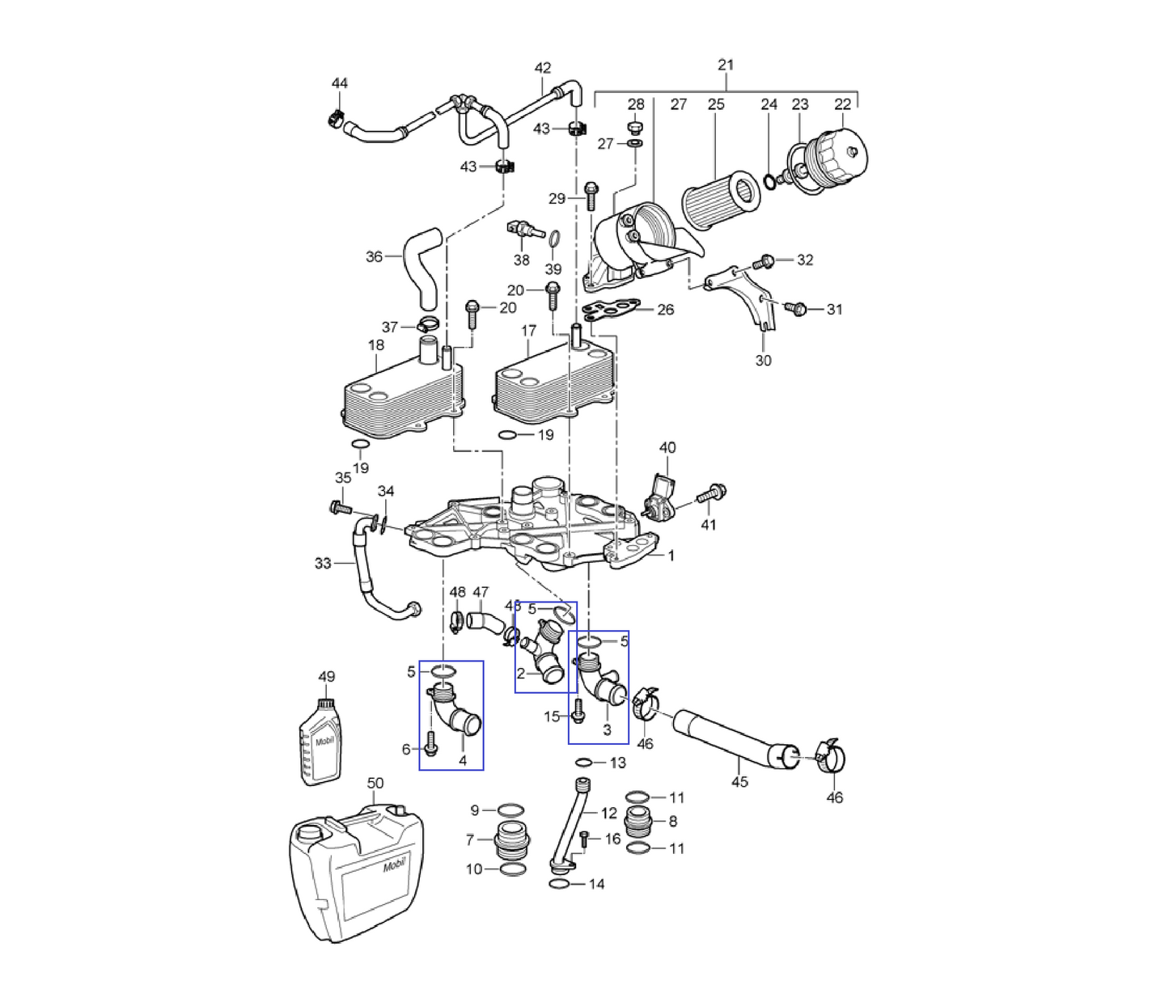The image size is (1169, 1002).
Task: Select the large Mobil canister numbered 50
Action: (357, 873)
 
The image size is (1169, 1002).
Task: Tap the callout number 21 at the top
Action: (726, 65)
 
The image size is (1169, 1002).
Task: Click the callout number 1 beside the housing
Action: (671, 556)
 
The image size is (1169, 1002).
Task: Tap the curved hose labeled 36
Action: (424, 267)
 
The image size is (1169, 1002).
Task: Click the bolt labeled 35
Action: (340, 508)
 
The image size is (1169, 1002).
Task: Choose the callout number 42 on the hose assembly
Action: (543, 68)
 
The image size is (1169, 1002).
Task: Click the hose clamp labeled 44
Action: (335, 119)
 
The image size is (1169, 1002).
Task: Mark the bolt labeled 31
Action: (797, 308)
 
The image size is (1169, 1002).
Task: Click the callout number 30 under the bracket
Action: (764, 361)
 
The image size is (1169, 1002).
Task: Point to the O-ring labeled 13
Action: (586, 762)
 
